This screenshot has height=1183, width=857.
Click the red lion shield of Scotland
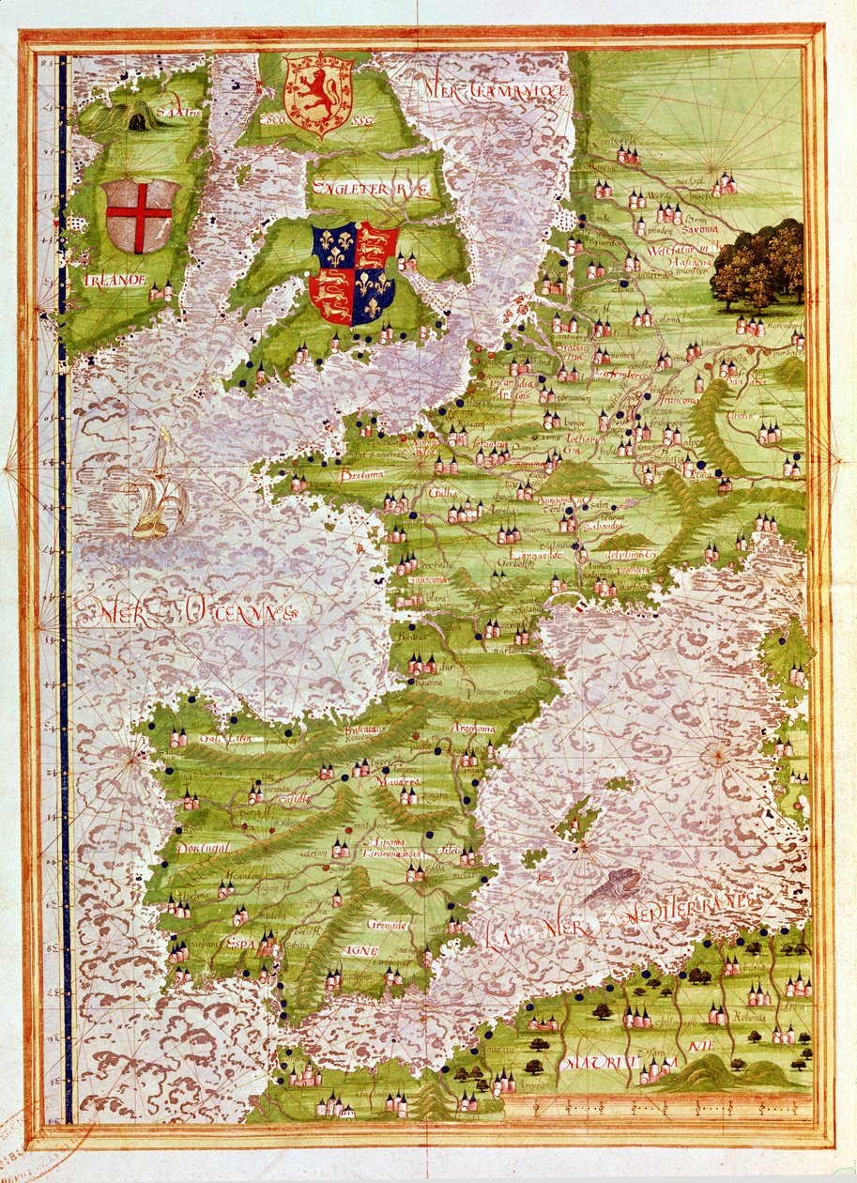[318, 94]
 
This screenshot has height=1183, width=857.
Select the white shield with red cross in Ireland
[139, 215]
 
